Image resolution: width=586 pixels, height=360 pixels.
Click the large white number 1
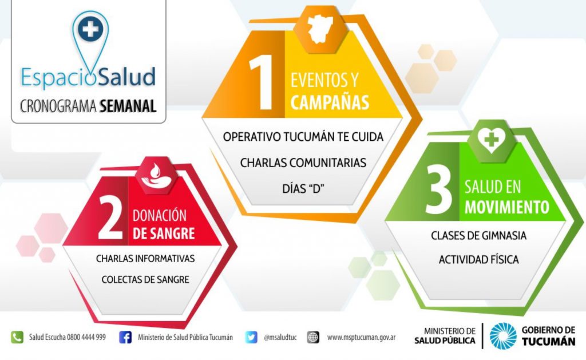(x=262, y=82)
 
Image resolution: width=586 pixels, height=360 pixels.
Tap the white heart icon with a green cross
(x=492, y=140)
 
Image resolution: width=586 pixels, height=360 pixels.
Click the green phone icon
(x=17, y=337)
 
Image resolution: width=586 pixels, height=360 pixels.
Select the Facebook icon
(x=125, y=337)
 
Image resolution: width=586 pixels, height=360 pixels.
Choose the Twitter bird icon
(x=251, y=337)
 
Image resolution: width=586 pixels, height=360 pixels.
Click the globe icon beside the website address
(x=313, y=337)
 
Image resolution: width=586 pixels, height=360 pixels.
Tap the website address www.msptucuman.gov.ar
(x=361, y=338)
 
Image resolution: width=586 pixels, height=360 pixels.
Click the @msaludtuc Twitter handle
(x=280, y=338)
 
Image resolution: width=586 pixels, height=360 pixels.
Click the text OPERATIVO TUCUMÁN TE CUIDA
(x=303, y=137)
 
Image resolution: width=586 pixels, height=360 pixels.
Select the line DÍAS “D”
(x=303, y=188)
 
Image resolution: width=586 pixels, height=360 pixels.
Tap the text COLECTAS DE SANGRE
(x=145, y=280)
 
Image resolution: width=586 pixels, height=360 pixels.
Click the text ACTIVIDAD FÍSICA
(x=479, y=259)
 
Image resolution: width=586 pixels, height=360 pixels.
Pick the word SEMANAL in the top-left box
(x=128, y=106)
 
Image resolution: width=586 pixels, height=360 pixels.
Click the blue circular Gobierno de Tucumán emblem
(x=503, y=336)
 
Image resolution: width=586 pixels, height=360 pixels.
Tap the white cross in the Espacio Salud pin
(x=90, y=29)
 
